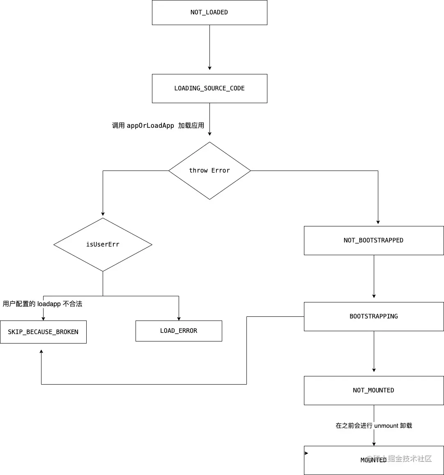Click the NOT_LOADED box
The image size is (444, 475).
[x=209, y=12]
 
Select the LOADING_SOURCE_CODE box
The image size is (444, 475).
[x=209, y=88]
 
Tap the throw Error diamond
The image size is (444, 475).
[x=209, y=171]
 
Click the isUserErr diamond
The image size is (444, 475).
[x=103, y=244]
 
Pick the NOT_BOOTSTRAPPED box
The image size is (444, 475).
[x=374, y=240]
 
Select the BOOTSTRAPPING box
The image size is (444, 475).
[x=374, y=316]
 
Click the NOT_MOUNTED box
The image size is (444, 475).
[x=374, y=390]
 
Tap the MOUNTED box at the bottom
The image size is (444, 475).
[x=374, y=460]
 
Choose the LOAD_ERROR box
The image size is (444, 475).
[x=179, y=331]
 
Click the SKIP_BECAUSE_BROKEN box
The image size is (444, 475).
[x=43, y=332]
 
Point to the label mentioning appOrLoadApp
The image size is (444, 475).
[x=158, y=125]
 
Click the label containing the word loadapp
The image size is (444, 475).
[x=43, y=304]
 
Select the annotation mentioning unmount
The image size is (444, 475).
[x=374, y=426]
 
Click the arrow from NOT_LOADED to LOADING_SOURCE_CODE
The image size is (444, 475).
[x=209, y=47]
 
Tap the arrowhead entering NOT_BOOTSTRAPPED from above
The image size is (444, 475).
[x=378, y=222]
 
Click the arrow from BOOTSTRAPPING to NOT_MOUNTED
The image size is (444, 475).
[x=374, y=351]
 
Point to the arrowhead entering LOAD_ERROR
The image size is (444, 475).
[x=179, y=318]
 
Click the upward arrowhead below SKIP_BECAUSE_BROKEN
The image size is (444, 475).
[x=41, y=352]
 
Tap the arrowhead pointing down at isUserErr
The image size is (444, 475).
[x=103, y=214]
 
